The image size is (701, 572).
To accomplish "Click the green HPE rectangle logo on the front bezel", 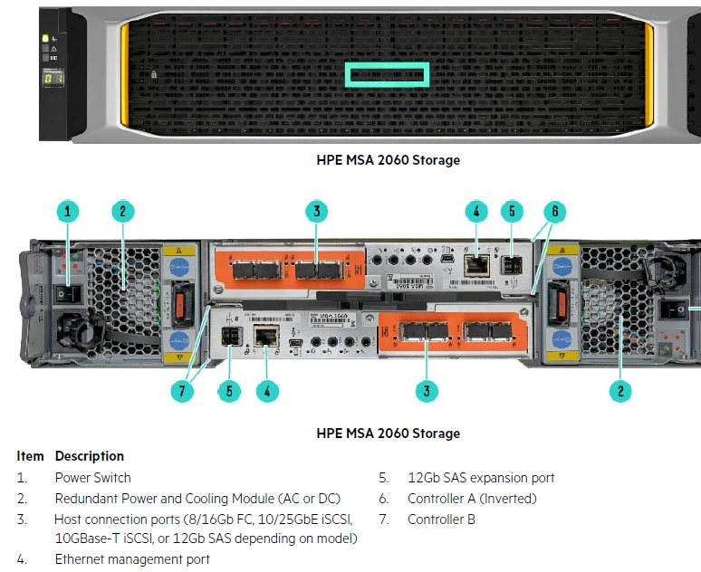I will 386,75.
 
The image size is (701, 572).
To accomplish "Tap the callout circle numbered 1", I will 67,212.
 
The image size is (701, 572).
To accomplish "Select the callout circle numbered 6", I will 554,212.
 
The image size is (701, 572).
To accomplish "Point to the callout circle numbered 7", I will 184,391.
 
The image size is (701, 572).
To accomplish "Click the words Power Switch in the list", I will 92,477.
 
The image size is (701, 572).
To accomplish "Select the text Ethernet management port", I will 132,559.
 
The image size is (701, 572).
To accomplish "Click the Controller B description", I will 441,519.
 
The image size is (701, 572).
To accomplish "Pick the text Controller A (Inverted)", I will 472,498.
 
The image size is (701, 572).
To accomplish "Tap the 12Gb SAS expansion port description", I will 481,477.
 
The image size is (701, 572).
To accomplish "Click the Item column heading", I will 30,456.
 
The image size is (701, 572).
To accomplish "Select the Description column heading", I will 90,456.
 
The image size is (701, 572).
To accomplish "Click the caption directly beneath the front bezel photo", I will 388,160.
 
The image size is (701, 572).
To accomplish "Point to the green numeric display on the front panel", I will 53,80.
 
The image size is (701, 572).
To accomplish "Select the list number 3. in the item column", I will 22,519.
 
